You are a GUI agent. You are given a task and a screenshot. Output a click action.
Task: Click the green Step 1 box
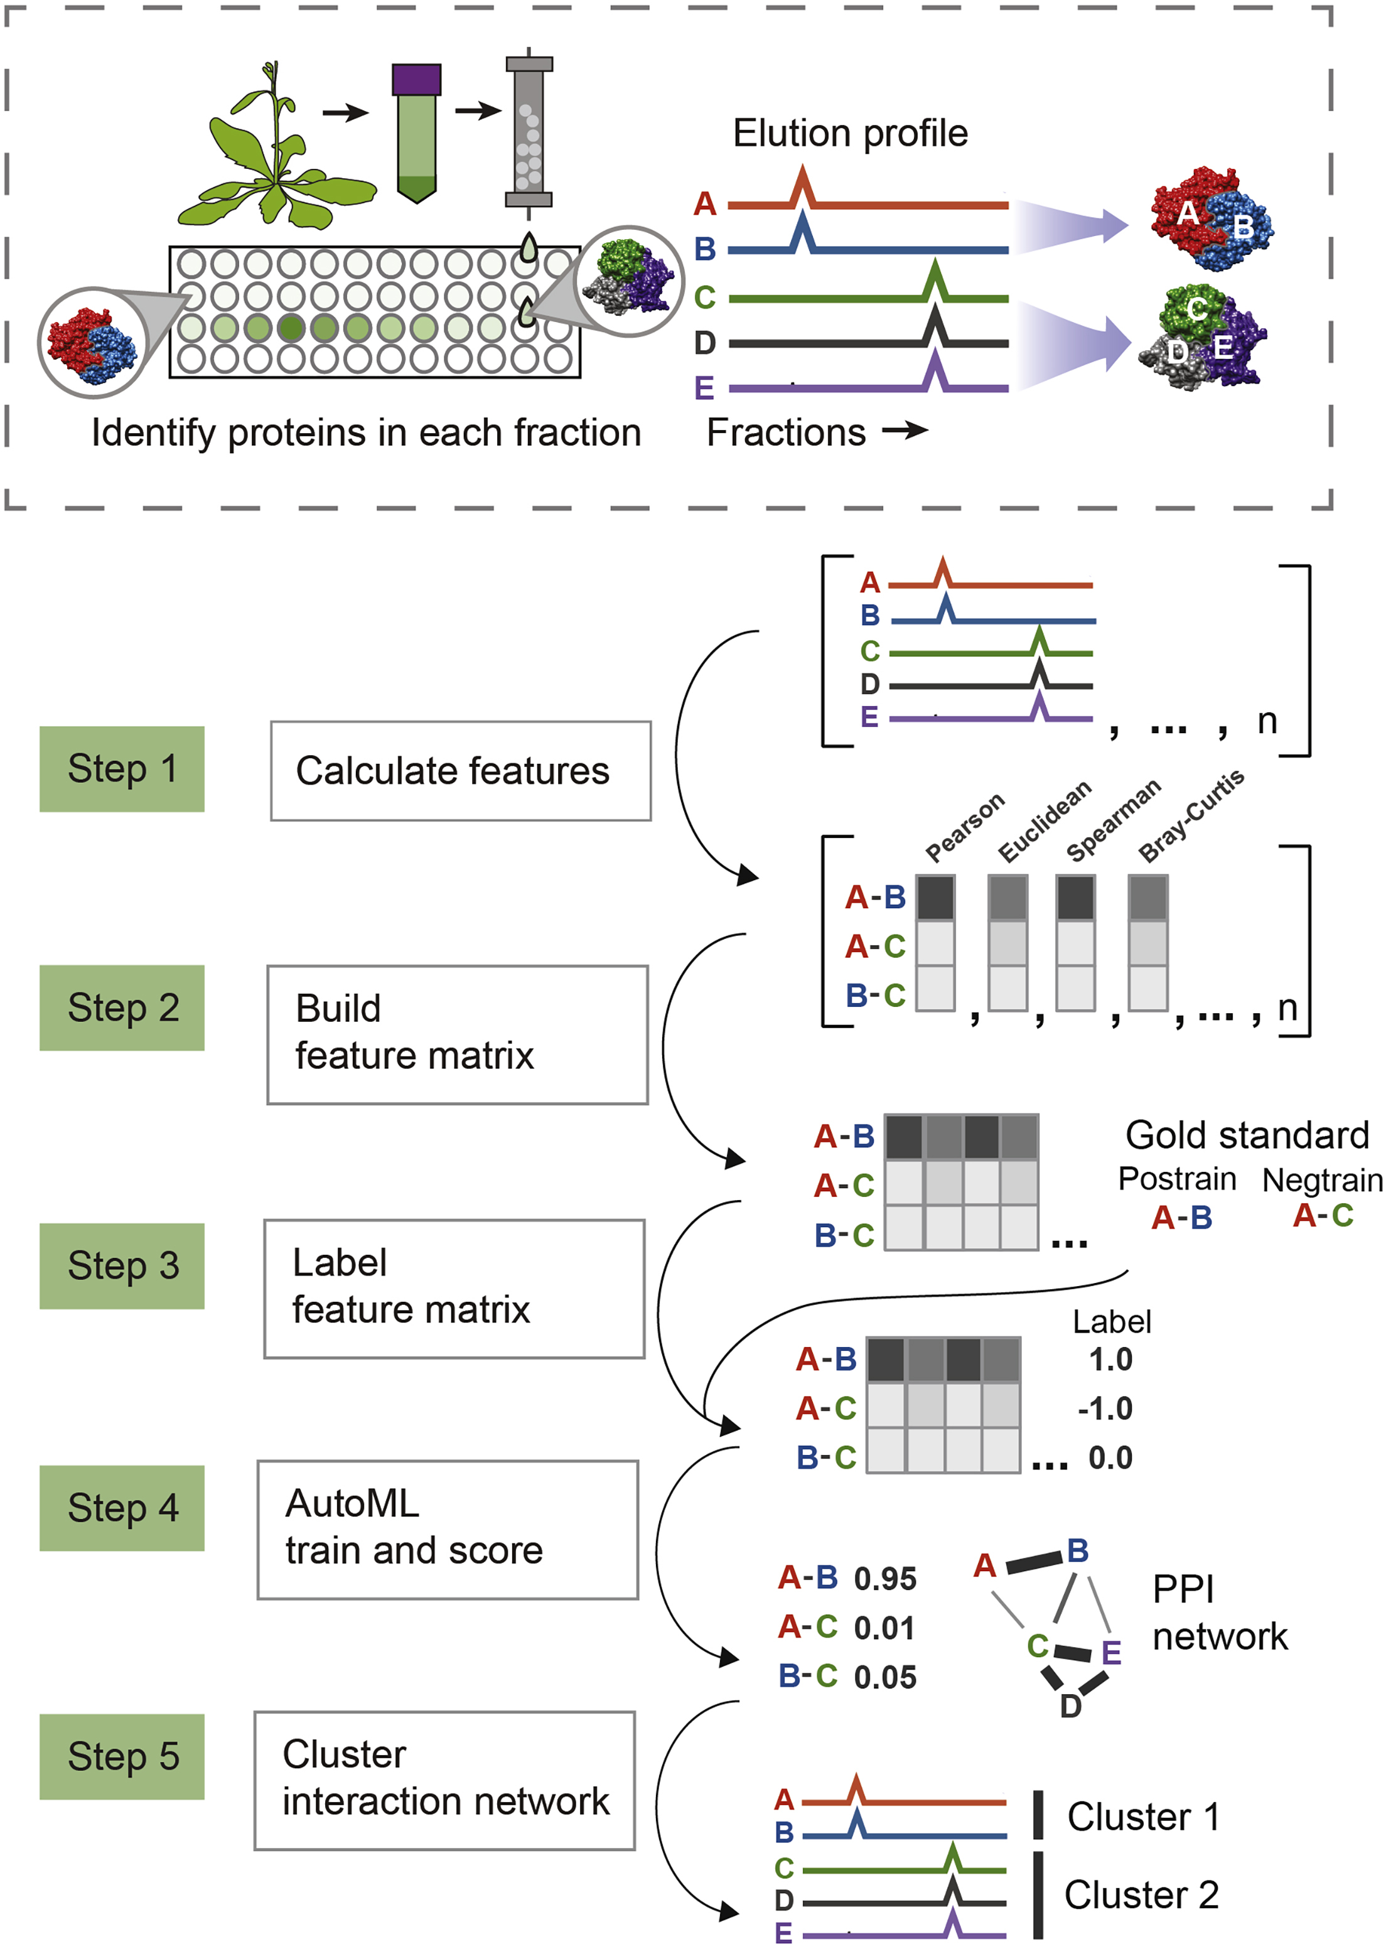click(122, 769)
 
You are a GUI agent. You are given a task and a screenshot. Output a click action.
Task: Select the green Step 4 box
click(122, 1508)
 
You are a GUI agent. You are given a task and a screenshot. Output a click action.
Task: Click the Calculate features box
click(461, 771)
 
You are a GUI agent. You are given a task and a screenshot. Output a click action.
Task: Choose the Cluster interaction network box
click(444, 1780)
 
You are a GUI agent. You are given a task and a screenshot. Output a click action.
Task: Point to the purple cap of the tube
click(416, 79)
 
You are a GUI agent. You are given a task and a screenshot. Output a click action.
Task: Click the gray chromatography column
click(529, 132)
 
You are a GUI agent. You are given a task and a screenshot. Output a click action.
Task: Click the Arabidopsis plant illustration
click(273, 158)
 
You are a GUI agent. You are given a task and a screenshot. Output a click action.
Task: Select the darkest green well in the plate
click(291, 328)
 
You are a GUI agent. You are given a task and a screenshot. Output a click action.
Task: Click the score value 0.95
click(885, 1579)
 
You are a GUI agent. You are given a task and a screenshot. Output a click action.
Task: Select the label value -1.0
click(1105, 1409)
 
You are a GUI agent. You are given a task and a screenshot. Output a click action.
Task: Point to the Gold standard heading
click(1247, 1136)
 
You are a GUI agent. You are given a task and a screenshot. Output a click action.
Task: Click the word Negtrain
click(1322, 1180)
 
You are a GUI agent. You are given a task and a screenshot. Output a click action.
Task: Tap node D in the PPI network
click(1070, 1707)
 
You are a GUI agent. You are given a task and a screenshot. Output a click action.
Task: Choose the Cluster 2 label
click(1141, 1895)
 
